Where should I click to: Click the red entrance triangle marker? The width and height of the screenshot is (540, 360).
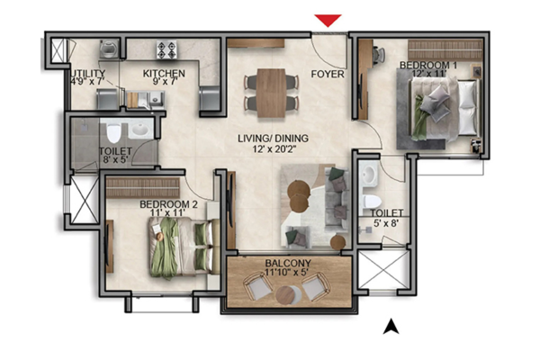(328, 20)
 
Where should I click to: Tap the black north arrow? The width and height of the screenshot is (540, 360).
(391, 326)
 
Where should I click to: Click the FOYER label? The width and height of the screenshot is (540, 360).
(328, 74)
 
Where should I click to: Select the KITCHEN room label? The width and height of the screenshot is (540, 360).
(164, 74)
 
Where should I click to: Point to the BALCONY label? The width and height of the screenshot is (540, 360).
(288, 263)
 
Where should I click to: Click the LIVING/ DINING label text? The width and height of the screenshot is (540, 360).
(273, 139)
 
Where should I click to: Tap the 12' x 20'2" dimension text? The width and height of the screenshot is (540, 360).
(273, 148)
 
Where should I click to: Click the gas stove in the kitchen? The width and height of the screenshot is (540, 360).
(166, 49)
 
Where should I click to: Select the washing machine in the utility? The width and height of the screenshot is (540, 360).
(109, 49)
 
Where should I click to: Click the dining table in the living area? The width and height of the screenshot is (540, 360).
(272, 93)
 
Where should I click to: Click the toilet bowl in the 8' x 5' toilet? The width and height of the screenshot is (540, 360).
(113, 132)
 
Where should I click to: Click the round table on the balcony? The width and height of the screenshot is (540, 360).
(285, 295)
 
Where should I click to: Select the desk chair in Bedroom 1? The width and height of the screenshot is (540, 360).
(379, 54)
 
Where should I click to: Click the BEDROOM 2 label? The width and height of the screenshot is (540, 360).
(169, 204)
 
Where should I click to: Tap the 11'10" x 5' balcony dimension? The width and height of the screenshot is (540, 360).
(287, 272)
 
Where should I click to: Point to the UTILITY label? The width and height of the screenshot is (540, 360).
(88, 74)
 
